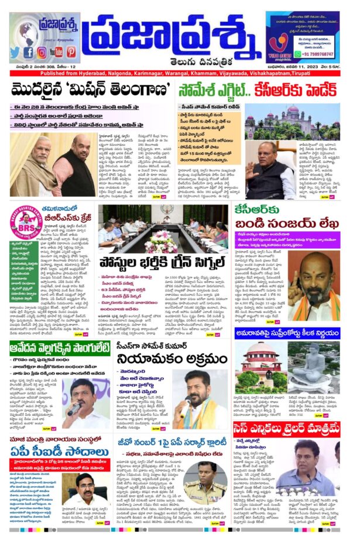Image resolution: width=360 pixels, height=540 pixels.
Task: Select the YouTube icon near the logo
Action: [56, 52]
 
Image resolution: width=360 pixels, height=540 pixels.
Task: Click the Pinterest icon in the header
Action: [71, 52]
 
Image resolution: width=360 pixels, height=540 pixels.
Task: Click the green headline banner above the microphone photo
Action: [56, 351]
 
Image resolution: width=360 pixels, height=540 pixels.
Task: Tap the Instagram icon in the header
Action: [42, 52]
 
